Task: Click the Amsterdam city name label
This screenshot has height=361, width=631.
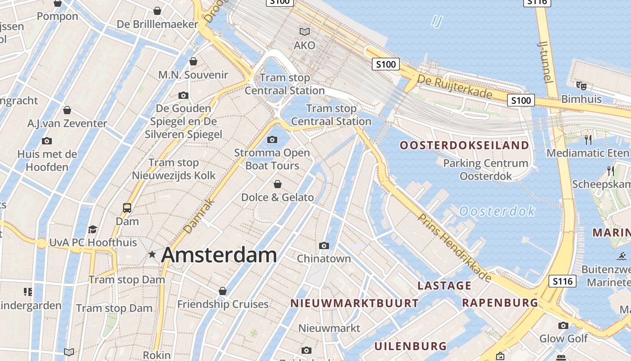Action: click(x=219, y=255)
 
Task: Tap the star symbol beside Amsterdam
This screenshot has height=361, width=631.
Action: click(x=152, y=255)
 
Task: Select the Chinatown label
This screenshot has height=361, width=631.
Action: click(x=324, y=259)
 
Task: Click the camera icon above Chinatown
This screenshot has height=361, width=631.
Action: click(x=324, y=246)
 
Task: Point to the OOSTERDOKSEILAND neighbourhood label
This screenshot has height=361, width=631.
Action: click(x=464, y=145)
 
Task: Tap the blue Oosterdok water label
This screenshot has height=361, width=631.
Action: click(x=497, y=211)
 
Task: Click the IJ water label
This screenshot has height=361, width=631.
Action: click(x=436, y=21)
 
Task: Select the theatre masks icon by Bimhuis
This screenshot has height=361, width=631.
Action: click(x=581, y=85)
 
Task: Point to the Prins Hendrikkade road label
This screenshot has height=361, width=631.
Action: click(x=454, y=248)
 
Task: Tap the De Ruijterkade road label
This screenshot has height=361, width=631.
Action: click(x=455, y=86)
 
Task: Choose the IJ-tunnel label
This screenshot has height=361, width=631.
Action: click(x=546, y=61)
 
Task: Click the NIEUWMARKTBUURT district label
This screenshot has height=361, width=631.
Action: click(x=355, y=303)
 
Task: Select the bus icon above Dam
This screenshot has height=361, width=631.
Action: click(x=127, y=208)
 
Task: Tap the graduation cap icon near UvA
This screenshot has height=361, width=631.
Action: click(x=92, y=229)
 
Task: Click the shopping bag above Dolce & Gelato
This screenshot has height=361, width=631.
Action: click(x=278, y=184)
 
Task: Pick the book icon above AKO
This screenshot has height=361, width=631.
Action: click(x=305, y=32)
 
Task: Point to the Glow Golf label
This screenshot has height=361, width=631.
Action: click(x=563, y=338)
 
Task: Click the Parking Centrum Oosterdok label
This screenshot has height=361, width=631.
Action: click(x=485, y=170)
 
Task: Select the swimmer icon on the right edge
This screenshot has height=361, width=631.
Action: click(x=622, y=256)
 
